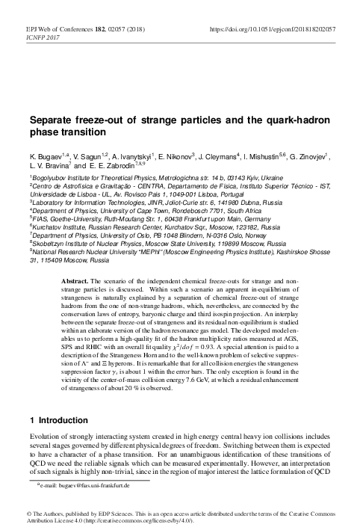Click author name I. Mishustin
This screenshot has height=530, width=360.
tap(295, 158)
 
